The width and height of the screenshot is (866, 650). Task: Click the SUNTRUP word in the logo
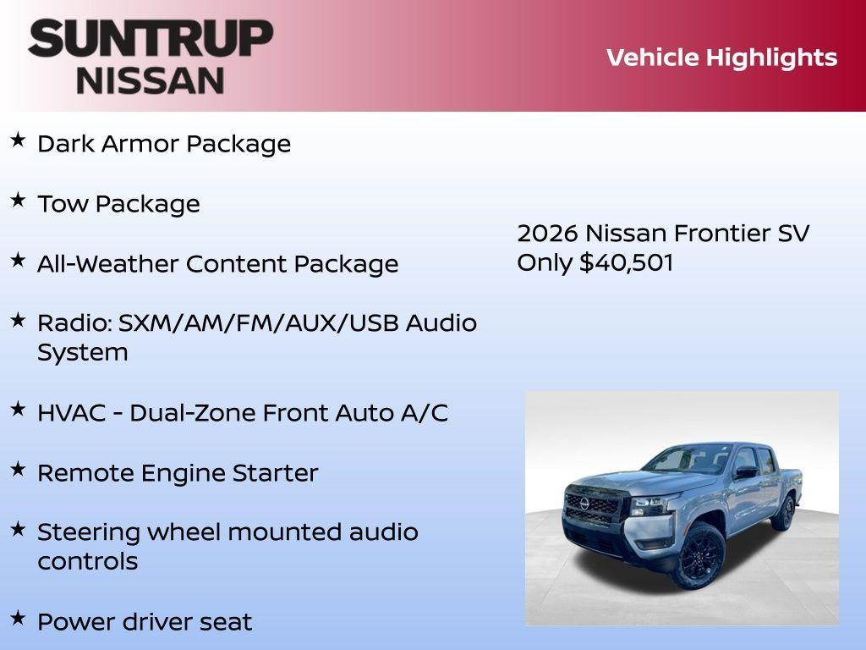[151, 38]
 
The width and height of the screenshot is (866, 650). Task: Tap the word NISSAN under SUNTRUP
[151, 80]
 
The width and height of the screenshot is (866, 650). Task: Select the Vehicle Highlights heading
[721, 58]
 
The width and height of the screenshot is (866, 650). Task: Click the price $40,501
[626, 262]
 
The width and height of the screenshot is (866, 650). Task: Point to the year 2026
[547, 233]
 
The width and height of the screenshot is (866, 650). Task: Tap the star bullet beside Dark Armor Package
[18, 140]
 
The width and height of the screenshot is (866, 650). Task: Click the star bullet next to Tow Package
[18, 200]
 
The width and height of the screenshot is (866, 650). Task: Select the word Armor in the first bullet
[140, 144]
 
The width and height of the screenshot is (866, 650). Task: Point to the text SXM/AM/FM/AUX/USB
[259, 323]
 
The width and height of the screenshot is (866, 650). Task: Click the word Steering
[89, 533]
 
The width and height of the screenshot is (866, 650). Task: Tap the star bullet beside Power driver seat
[18, 618]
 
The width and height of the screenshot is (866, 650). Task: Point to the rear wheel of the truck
[785, 513]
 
